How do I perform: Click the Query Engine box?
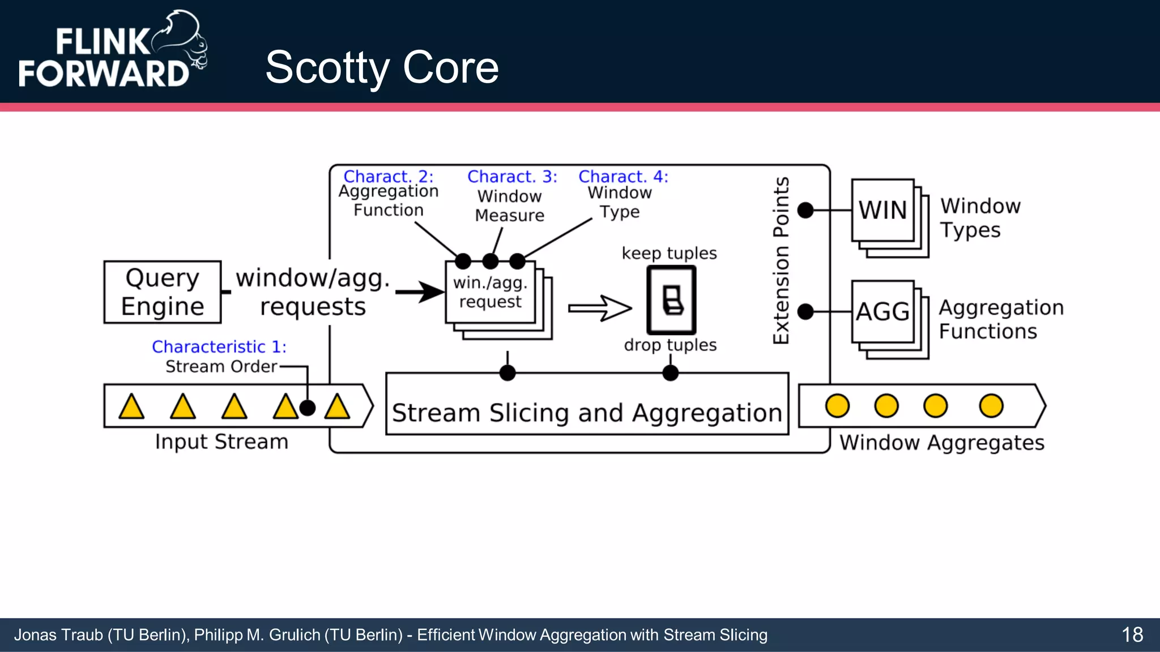coord(163,292)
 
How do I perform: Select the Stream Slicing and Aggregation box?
coord(587,404)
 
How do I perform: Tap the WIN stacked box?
coord(883,211)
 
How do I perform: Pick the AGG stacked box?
coord(883,312)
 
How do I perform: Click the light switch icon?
coord(671,300)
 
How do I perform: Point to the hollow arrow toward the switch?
coord(600,308)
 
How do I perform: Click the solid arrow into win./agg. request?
coord(420,292)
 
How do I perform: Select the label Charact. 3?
coord(512,177)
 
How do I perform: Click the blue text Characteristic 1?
coord(219,346)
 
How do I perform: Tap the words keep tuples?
coord(669,253)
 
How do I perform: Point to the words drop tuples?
coord(670,345)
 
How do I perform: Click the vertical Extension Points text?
coord(781,260)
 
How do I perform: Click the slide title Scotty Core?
coord(382,67)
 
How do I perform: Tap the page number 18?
coord(1132,634)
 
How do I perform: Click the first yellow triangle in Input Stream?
coord(131,407)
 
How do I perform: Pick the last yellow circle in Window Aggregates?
coord(991,406)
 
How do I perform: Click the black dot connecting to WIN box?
coord(805,211)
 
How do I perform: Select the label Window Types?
coord(980,218)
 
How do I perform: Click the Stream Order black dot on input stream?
coord(307,407)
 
